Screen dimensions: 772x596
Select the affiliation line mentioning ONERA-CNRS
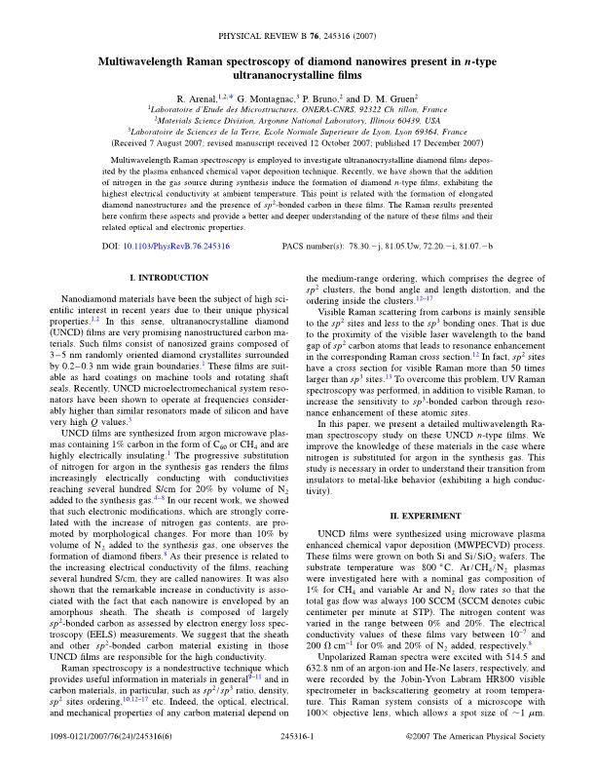[x=298, y=110]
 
